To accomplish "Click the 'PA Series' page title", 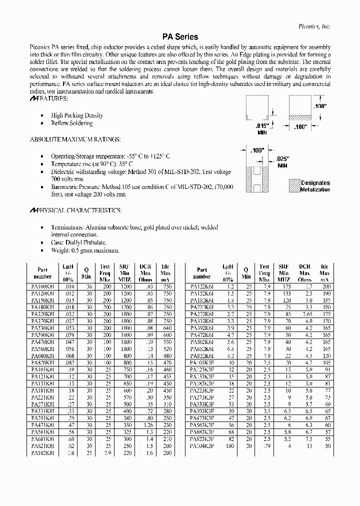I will [x=180, y=37].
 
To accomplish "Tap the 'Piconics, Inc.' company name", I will [x=313, y=26].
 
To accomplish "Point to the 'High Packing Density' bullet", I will [x=76, y=115].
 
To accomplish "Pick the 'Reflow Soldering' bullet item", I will [x=71, y=123].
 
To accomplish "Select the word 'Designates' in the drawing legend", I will [x=315, y=183].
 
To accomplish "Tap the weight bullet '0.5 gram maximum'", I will [x=85, y=250].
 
